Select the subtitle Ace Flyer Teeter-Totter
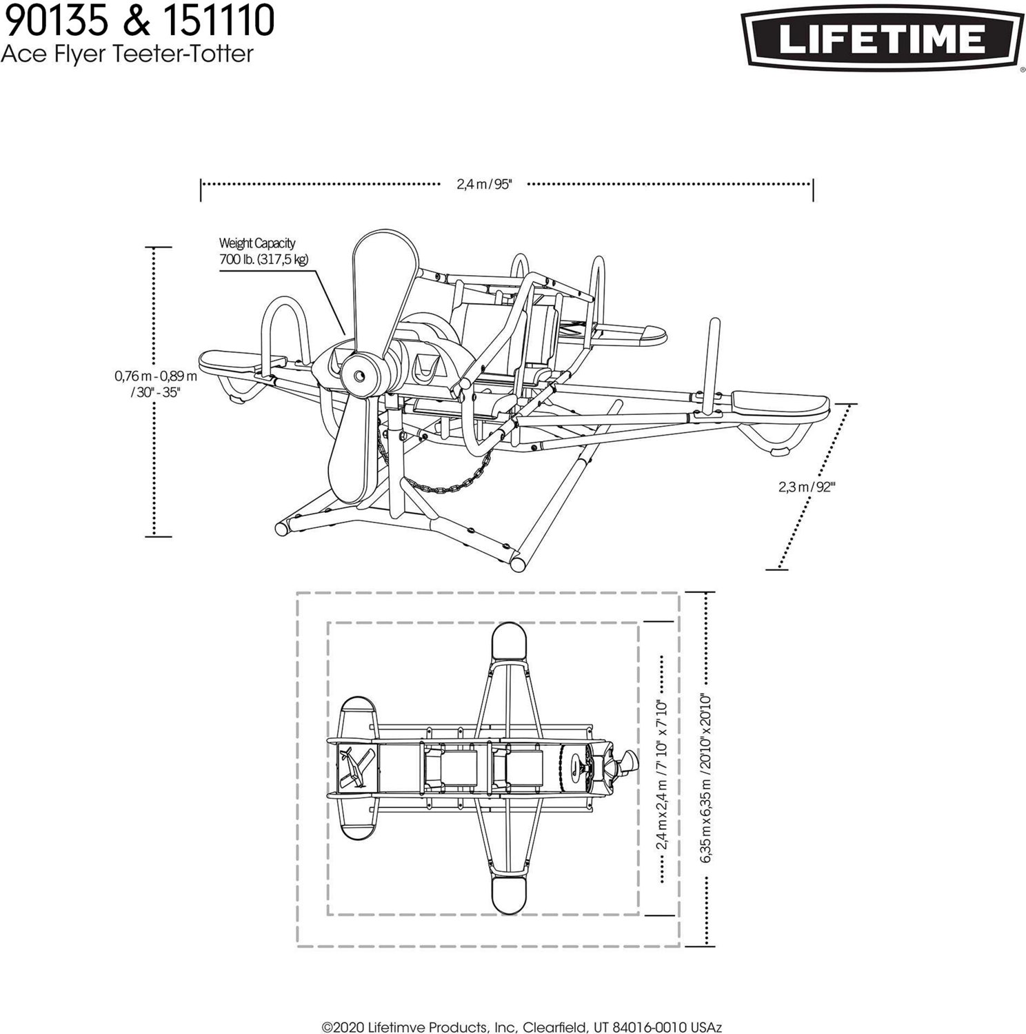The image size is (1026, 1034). pyautogui.click(x=127, y=53)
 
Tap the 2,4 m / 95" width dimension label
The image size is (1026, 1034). pyautogui.click(x=484, y=184)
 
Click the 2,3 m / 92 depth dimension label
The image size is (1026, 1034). pyautogui.click(x=807, y=487)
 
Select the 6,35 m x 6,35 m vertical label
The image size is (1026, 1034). pyautogui.click(x=705, y=778)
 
